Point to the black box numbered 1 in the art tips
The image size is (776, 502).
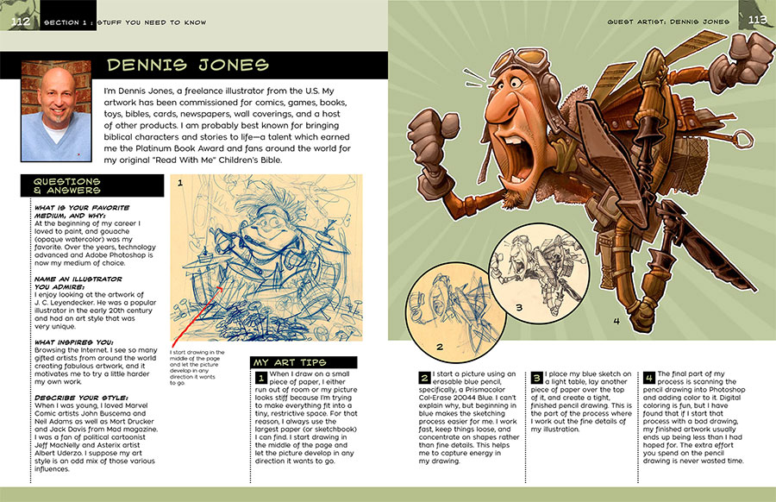coord(261,378)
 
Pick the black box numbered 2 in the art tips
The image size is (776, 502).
coord(424,378)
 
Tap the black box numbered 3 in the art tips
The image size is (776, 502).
coord(536,378)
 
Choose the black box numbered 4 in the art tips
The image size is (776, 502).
coord(649,378)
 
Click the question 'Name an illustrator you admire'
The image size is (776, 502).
coord(72,282)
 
